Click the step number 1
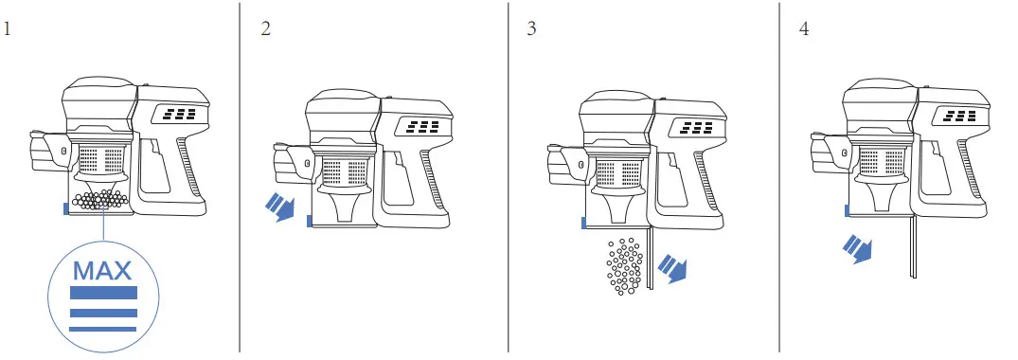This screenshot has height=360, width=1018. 9,27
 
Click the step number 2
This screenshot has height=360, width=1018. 266,27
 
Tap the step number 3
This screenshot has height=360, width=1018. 531,27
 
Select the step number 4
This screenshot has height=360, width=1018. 804,27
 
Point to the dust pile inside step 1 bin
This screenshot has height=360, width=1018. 99,198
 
